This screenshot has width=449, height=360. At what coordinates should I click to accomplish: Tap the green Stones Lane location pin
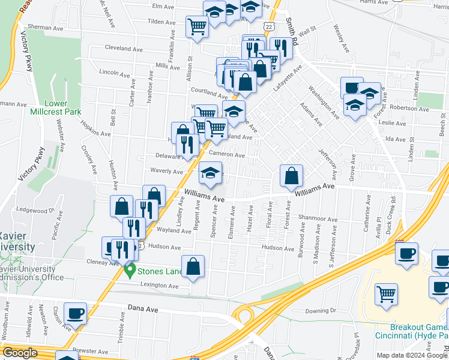[x=129, y=271]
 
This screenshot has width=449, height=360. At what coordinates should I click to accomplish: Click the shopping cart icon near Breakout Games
[x=387, y=295]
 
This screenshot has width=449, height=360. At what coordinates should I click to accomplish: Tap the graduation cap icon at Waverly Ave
[x=210, y=173]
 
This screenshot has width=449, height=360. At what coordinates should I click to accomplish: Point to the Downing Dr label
[x=321, y=310]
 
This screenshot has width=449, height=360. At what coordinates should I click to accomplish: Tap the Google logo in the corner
[x=20, y=353]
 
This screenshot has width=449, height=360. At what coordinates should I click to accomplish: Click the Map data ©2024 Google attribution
[x=412, y=355]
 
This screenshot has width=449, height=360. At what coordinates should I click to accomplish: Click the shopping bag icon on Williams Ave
[x=291, y=176]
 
